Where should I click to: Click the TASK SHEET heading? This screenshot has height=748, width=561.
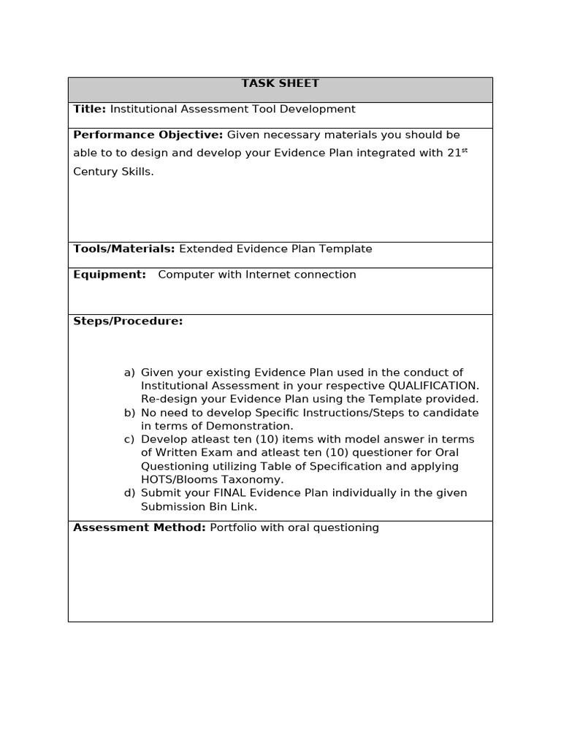[x=280, y=83]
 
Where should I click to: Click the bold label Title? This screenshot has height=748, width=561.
[x=90, y=109]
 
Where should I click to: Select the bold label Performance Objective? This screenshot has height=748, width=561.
[x=148, y=134]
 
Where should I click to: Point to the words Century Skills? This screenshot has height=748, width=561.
[x=113, y=172]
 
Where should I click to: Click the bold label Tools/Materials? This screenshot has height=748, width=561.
[x=124, y=248]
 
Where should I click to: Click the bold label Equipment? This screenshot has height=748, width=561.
[x=110, y=275]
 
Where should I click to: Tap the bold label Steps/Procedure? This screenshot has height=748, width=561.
[x=128, y=321]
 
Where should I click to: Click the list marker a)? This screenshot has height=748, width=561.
[x=129, y=373]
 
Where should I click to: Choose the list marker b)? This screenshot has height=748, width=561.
[x=129, y=413]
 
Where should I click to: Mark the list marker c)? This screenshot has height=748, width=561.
[x=129, y=439]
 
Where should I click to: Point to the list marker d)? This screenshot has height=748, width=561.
[x=129, y=493]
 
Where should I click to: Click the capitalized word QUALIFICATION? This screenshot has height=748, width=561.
[x=433, y=386]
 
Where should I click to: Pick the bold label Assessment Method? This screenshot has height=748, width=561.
[x=139, y=527]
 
